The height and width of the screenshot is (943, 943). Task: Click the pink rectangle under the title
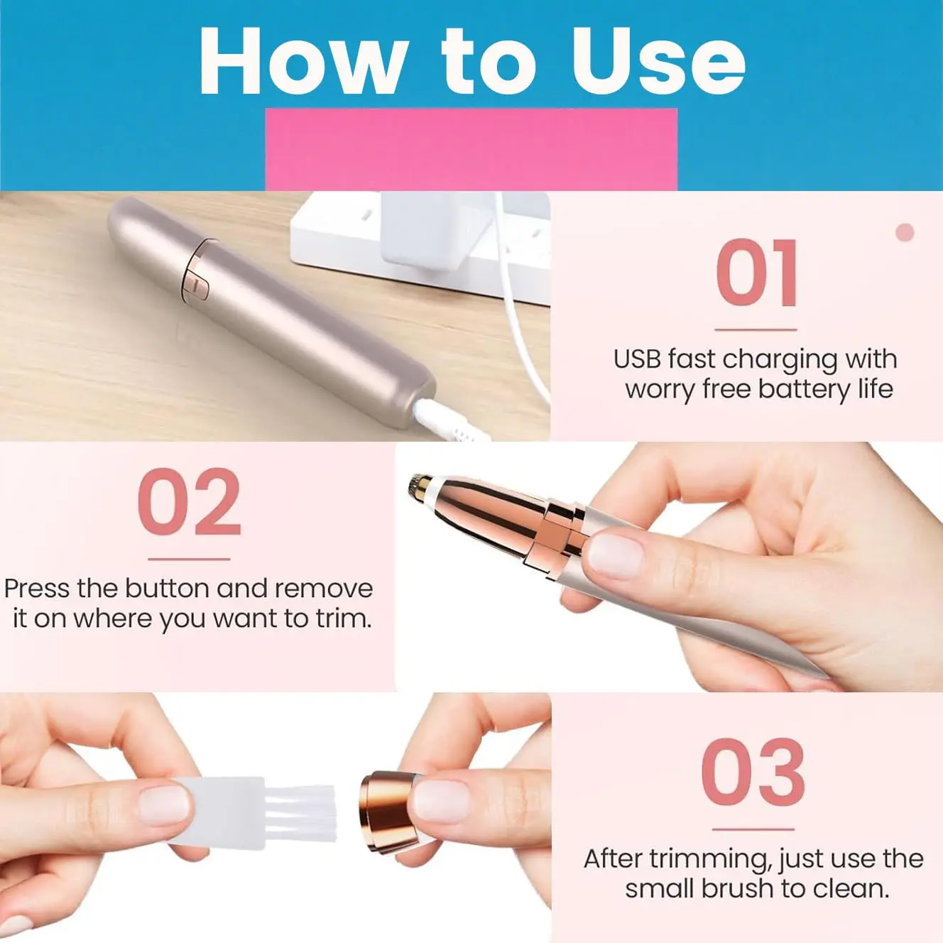pyautogui.click(x=471, y=149)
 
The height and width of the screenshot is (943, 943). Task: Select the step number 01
pyautogui.click(x=756, y=273)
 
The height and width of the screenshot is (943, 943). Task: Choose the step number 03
pyautogui.click(x=753, y=772)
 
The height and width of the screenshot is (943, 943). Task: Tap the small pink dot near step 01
pyautogui.click(x=905, y=232)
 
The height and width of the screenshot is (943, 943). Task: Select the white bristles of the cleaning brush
pyautogui.click(x=300, y=813)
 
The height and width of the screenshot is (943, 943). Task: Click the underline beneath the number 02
pyautogui.click(x=189, y=559)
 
